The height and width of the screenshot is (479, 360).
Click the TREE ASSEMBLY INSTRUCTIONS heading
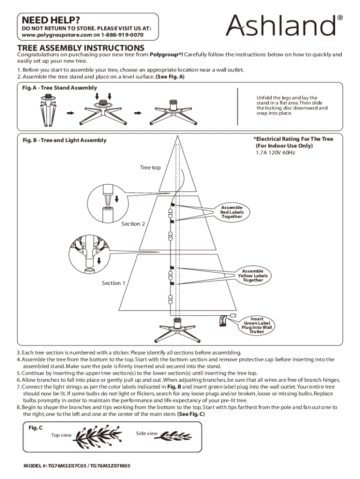click(x=81, y=48)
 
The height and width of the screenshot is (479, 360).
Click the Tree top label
click(x=150, y=167)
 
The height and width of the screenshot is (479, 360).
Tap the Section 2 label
click(x=133, y=224)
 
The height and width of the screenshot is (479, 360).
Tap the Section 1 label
click(x=114, y=283)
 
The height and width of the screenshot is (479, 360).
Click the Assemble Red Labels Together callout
click(x=232, y=212)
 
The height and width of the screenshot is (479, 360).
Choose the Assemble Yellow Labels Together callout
click(x=253, y=276)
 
